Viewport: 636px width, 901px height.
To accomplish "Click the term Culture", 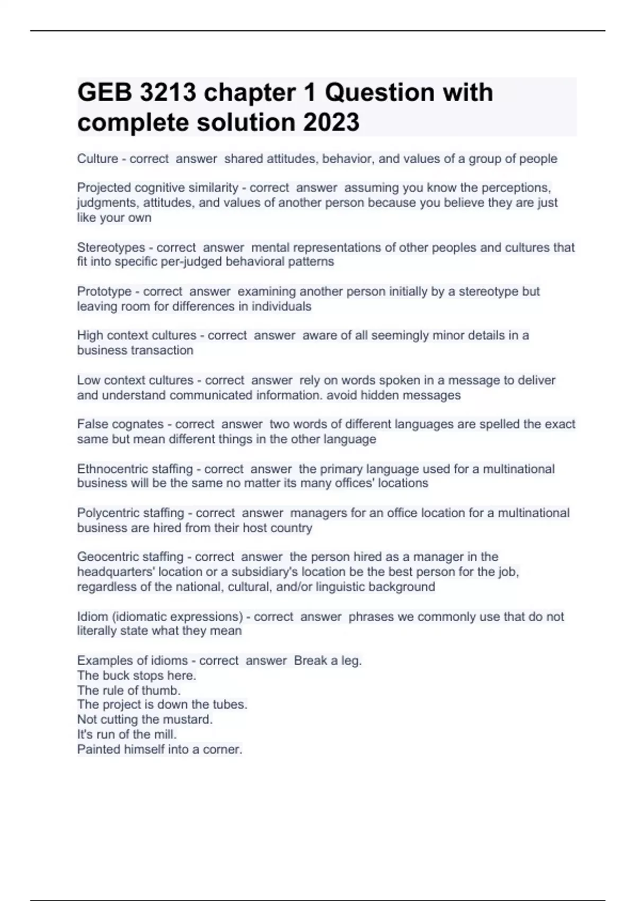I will (x=98, y=159).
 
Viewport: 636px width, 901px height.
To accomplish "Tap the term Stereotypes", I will (x=111, y=248).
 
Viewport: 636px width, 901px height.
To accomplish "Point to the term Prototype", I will (x=104, y=291).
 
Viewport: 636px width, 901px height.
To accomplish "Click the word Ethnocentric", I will (x=113, y=469).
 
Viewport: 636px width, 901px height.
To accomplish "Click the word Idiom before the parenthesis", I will (x=92, y=617).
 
